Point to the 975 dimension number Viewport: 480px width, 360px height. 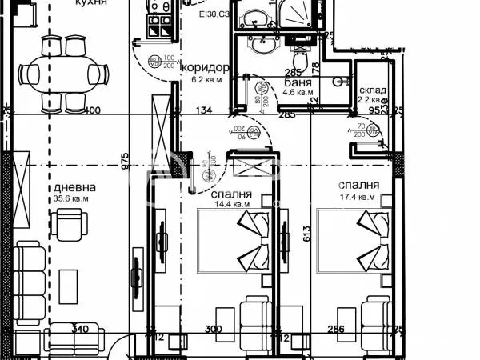pyautogui.click(x=124, y=161)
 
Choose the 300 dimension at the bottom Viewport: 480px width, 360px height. pyautogui.click(x=213, y=329)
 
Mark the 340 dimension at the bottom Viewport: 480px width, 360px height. pyautogui.click(x=78, y=329)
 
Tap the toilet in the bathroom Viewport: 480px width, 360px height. pyautogui.click(x=300, y=59)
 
